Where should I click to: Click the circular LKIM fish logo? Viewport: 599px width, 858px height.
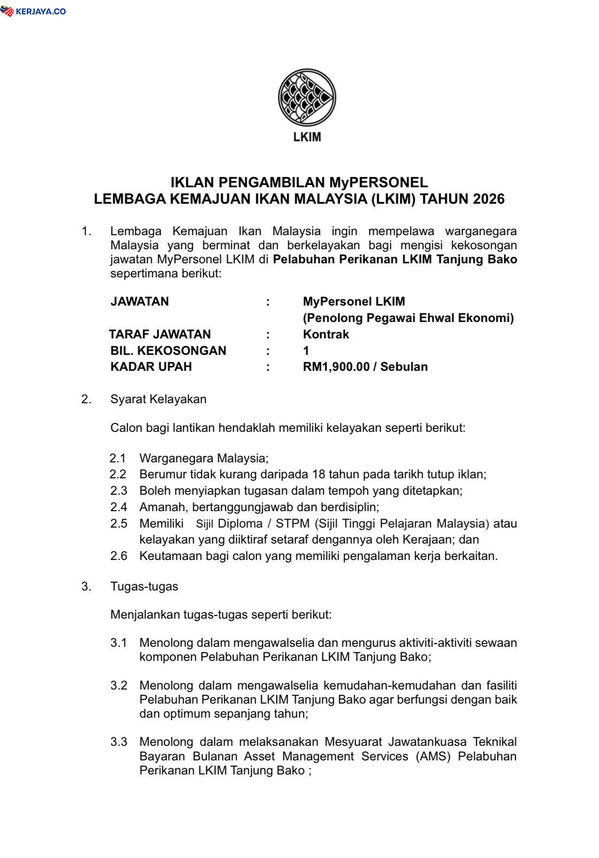[307, 97]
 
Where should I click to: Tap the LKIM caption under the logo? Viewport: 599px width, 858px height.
[307, 137]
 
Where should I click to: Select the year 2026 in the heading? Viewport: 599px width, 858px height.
[488, 199]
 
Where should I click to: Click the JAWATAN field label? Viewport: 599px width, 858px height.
[139, 301]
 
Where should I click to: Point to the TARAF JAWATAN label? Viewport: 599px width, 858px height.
[160, 334]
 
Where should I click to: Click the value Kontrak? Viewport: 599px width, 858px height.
[326, 334]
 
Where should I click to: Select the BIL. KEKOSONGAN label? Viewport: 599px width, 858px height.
[168, 351]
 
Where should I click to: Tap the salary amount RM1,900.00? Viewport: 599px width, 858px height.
[336, 367]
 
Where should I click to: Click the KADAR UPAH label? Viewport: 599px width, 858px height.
[151, 367]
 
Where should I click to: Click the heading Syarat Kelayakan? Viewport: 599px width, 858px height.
[158, 399]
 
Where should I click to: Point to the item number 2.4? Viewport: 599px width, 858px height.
[119, 507]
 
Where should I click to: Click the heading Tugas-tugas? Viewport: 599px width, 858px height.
[144, 586]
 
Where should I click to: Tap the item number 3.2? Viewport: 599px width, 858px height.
[119, 685]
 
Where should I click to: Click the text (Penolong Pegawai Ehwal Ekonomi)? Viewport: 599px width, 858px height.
[408, 318]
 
